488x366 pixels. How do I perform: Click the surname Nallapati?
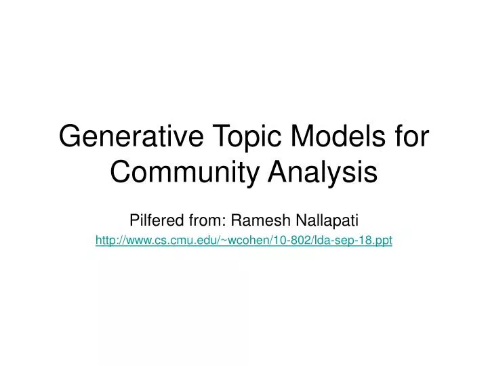coord(329,220)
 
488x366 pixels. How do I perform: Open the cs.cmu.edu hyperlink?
coord(244,240)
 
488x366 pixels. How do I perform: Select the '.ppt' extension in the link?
coord(383,240)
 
